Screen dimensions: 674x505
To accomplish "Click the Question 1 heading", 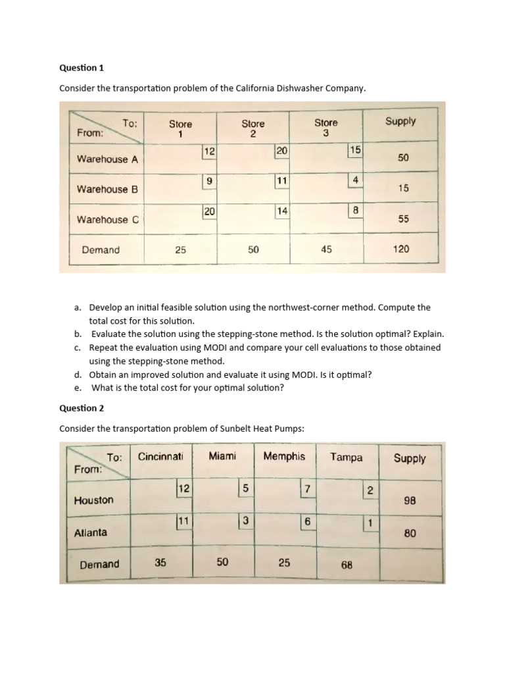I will [82, 68].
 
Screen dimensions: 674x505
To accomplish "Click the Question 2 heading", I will [82, 408].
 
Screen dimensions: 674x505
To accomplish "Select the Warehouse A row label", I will [107, 159].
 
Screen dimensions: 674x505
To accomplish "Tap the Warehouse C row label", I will [107, 219].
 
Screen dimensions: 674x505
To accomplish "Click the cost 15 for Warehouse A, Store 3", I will [355, 150].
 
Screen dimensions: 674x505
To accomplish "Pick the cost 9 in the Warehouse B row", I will [209, 180].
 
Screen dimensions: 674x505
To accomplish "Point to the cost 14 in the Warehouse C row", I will [282, 211].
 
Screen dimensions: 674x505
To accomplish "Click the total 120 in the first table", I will [401, 249].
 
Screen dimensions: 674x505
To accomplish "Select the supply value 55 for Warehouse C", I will [403, 219].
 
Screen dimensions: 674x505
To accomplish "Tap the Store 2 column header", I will [253, 128].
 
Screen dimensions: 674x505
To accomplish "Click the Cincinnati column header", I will [160, 456].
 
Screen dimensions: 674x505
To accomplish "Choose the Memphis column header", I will [284, 456].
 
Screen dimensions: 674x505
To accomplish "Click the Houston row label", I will [93, 500].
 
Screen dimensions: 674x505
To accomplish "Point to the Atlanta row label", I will [91, 532].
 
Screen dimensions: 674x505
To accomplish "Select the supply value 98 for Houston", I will [410, 500].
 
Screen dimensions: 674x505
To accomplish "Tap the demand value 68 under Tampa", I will [347, 565].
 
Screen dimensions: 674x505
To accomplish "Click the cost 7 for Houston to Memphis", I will [306, 489].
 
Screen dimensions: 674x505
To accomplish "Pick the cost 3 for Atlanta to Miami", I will [245, 521].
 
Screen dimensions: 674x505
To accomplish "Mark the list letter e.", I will [78, 388].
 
